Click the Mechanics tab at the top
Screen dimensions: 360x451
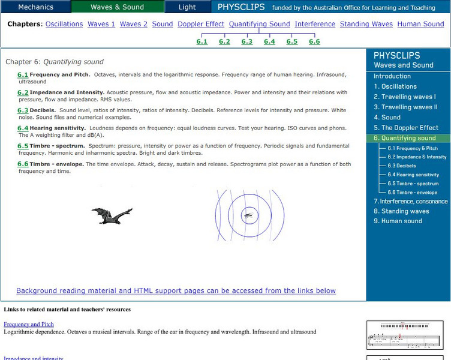[35, 7]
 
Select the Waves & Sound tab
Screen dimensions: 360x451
[117, 7]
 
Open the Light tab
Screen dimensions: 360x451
[187, 7]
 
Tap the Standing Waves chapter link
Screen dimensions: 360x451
[366, 24]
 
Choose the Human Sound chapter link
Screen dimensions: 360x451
[420, 24]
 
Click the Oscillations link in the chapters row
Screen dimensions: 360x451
[64, 24]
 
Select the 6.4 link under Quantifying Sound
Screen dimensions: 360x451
[269, 41]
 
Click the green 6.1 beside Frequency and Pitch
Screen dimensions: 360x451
[23, 75]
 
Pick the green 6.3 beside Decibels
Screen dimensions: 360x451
[23, 110]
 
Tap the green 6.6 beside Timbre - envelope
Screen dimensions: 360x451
[23, 164]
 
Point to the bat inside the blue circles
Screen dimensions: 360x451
[247, 214]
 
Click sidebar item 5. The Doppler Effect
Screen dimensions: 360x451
[406, 128]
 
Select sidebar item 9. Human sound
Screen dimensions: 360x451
[398, 221]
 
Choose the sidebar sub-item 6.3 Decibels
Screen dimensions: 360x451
[401, 166]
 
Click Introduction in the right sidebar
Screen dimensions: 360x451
[392, 76]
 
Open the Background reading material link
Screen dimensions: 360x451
[176, 291]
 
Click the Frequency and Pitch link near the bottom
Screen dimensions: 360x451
[29, 325]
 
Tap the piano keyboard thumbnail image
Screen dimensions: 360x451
[407, 334]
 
